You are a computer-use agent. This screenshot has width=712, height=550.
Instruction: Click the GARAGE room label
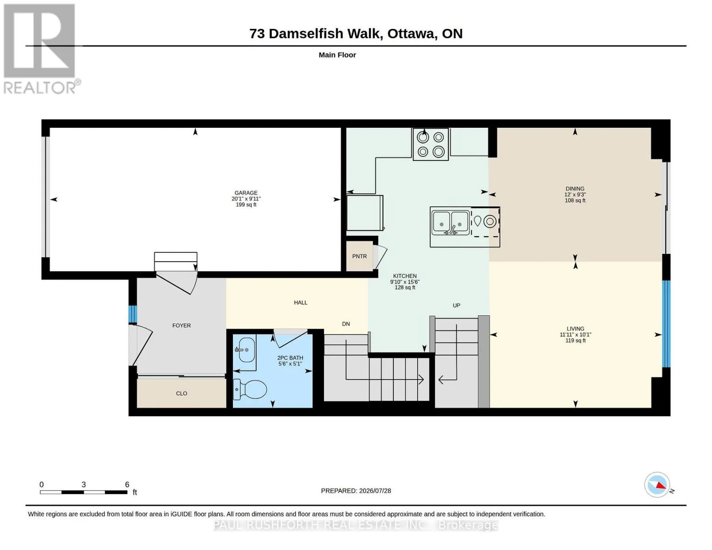(x=246, y=193)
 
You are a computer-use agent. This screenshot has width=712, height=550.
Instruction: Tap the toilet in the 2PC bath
(x=250, y=390)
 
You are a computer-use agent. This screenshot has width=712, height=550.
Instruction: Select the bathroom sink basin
(x=247, y=350)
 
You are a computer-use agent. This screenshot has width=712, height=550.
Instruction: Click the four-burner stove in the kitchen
(x=431, y=144)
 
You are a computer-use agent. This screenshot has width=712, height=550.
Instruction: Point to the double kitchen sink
(x=450, y=223)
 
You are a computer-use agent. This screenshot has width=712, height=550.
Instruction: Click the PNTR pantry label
(x=359, y=256)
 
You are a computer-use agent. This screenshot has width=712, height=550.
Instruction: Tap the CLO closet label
(x=182, y=393)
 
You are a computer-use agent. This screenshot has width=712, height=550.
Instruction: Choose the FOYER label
(x=182, y=325)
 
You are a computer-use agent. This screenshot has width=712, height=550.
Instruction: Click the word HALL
(x=300, y=302)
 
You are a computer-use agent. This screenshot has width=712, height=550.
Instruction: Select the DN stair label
(x=346, y=324)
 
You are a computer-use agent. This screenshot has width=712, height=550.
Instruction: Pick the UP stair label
(x=457, y=305)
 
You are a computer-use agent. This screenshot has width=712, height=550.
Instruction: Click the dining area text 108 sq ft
(x=575, y=200)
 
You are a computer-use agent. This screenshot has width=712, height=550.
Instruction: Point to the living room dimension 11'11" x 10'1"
(x=575, y=335)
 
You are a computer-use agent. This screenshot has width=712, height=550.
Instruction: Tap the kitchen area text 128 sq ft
(x=405, y=287)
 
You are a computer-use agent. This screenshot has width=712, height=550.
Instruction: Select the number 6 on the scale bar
(x=127, y=484)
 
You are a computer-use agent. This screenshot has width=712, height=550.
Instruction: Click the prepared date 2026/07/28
(x=375, y=491)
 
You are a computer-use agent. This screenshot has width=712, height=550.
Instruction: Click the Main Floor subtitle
(x=337, y=55)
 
